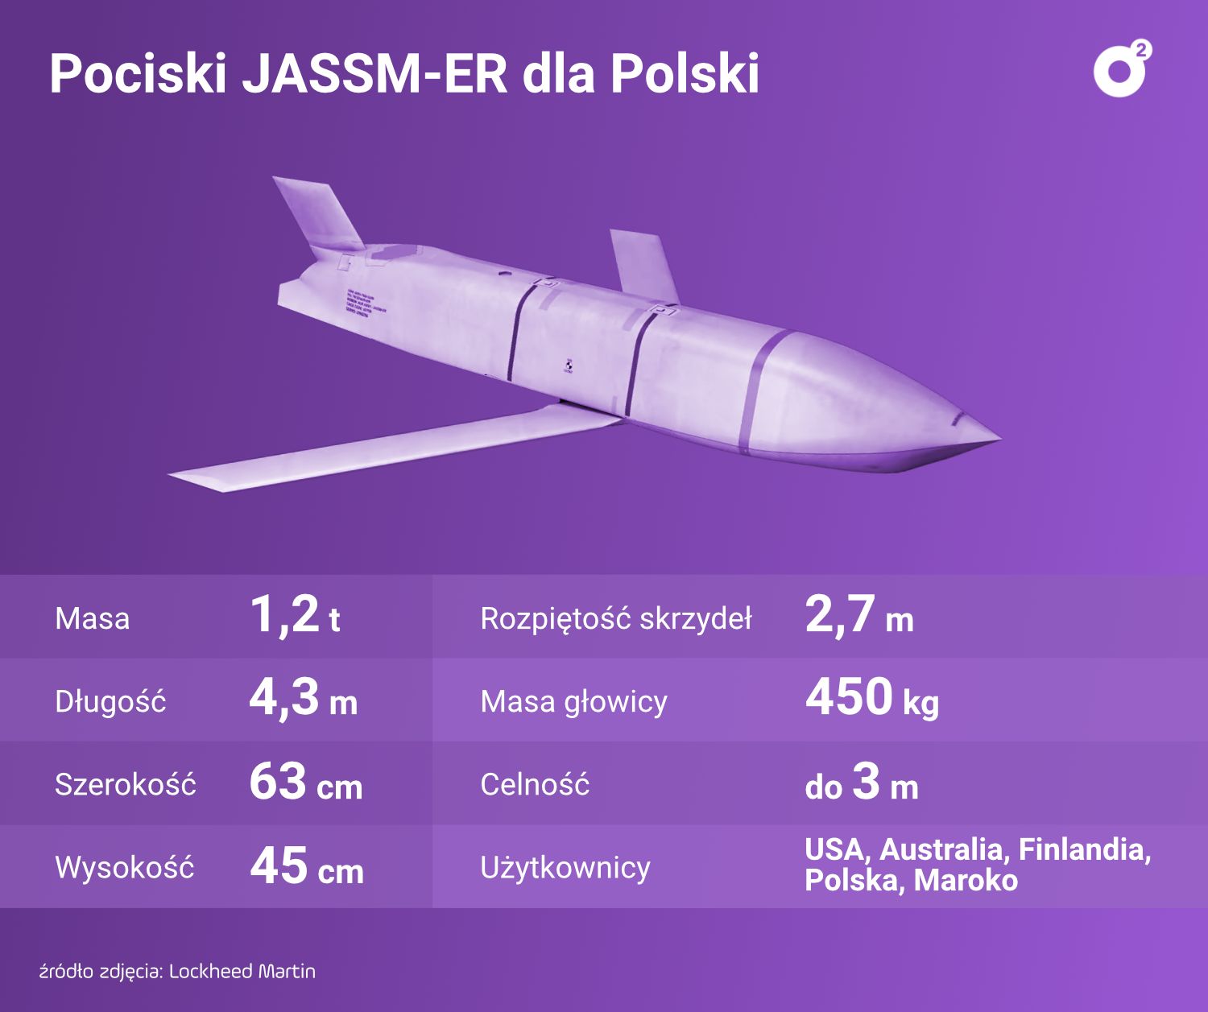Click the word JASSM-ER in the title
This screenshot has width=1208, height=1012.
coord(374,74)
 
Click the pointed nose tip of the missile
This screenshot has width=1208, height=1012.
coord(996,440)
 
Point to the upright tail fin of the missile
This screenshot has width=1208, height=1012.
coord(319,213)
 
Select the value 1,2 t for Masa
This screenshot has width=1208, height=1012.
coord(295,616)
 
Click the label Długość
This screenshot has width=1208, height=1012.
coord(110,701)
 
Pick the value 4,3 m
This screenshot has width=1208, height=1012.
coord(303,699)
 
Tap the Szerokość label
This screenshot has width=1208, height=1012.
coord(125,784)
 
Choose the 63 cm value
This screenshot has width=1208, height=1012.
coord(305,783)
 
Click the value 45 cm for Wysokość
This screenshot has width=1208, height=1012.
coord(306,867)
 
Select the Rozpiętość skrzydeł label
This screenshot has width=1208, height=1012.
coord(615,618)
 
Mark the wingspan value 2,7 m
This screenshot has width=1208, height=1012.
coord(858,617)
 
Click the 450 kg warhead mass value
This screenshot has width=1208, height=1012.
coord(871,699)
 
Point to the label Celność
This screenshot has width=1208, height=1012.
coord(535,784)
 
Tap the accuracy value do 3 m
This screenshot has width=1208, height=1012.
coord(861,783)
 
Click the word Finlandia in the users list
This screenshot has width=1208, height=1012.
coord(1084,849)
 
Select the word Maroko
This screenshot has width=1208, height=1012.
coord(966,880)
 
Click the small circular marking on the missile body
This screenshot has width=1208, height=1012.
coord(568,366)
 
